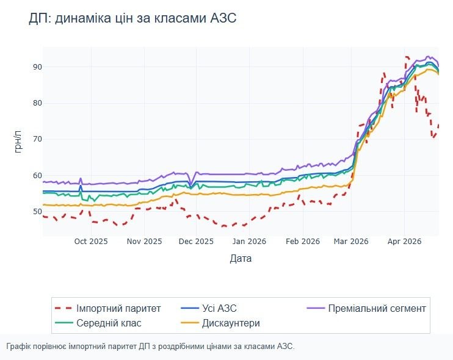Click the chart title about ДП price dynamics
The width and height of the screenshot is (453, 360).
tap(132, 18)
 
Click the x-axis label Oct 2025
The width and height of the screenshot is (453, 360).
tap(90, 242)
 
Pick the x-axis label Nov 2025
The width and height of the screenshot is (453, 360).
tap(144, 242)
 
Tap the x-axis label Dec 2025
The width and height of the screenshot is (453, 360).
tap(196, 242)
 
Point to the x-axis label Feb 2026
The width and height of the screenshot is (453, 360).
tap(303, 242)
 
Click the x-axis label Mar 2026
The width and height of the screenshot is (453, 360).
tap(351, 242)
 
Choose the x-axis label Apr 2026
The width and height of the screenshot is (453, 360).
tap(404, 242)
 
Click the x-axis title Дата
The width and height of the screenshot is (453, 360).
tap(241, 259)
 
